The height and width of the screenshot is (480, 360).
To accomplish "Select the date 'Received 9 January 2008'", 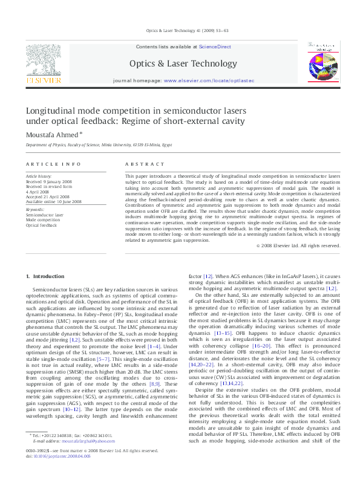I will pos(48,181).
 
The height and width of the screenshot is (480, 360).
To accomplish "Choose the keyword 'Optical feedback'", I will pos(41,224).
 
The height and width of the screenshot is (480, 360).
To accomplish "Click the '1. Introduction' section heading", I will pos(45,276).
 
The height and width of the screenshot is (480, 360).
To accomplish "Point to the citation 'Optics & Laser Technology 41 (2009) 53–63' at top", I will pos(180,30).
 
